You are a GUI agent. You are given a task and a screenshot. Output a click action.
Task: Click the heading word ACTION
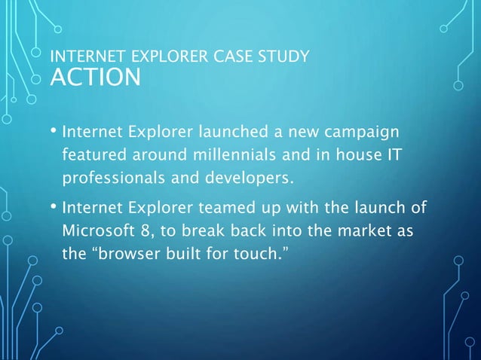pos(94,77)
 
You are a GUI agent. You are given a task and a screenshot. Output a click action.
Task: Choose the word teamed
pos(221,206)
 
